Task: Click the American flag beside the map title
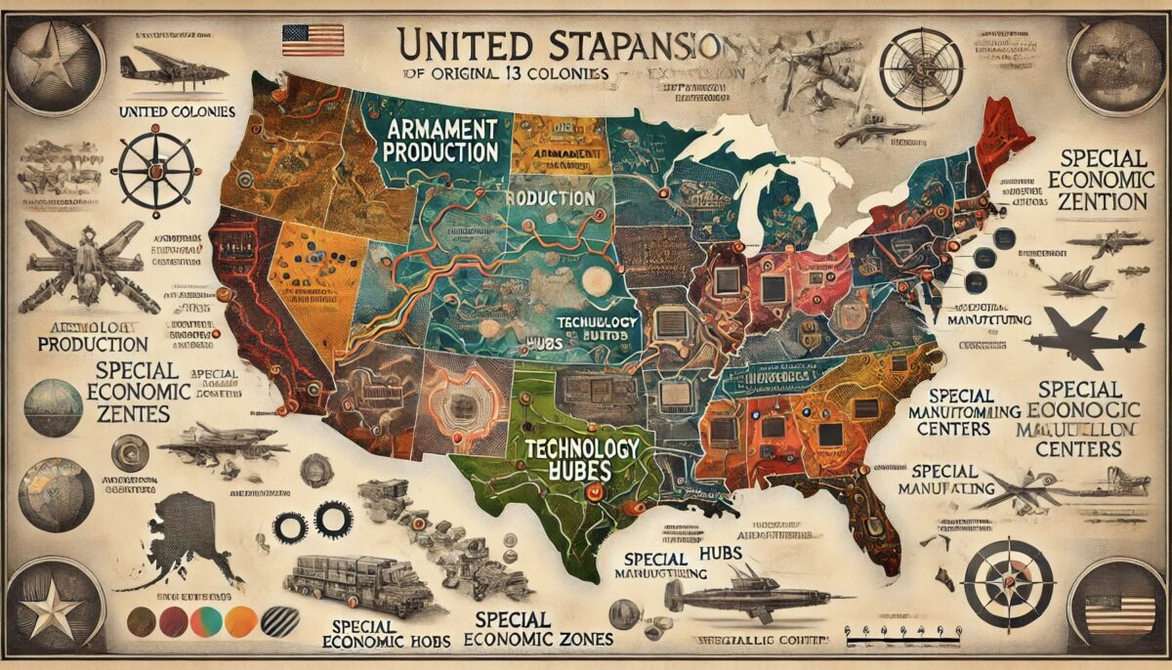[313, 40]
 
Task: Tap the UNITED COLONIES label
[176, 112]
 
